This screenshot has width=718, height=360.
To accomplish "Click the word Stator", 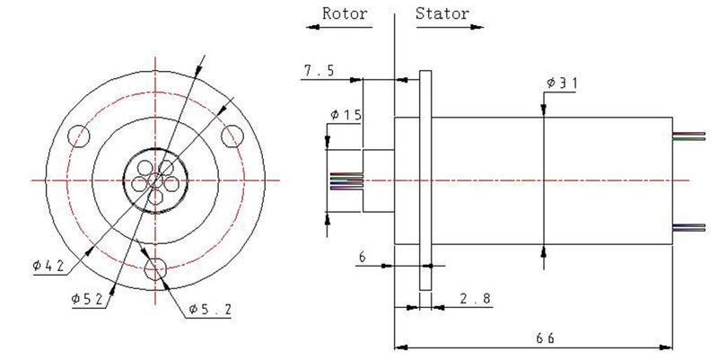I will [442, 13].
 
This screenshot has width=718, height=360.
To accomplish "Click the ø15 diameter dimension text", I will [346, 115].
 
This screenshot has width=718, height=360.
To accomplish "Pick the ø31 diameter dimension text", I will [561, 83].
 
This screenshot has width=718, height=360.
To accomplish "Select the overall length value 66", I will [545, 338].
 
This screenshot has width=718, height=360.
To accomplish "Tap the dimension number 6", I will [362, 257].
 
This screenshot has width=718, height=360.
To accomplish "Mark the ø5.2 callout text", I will [212, 310].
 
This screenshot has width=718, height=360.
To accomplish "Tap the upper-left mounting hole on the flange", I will [80, 135].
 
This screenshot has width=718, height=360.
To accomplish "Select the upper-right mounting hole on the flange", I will [232, 135].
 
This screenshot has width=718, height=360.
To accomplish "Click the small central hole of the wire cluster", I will [156, 180].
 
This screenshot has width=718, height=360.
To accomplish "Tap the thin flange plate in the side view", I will [425, 180].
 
